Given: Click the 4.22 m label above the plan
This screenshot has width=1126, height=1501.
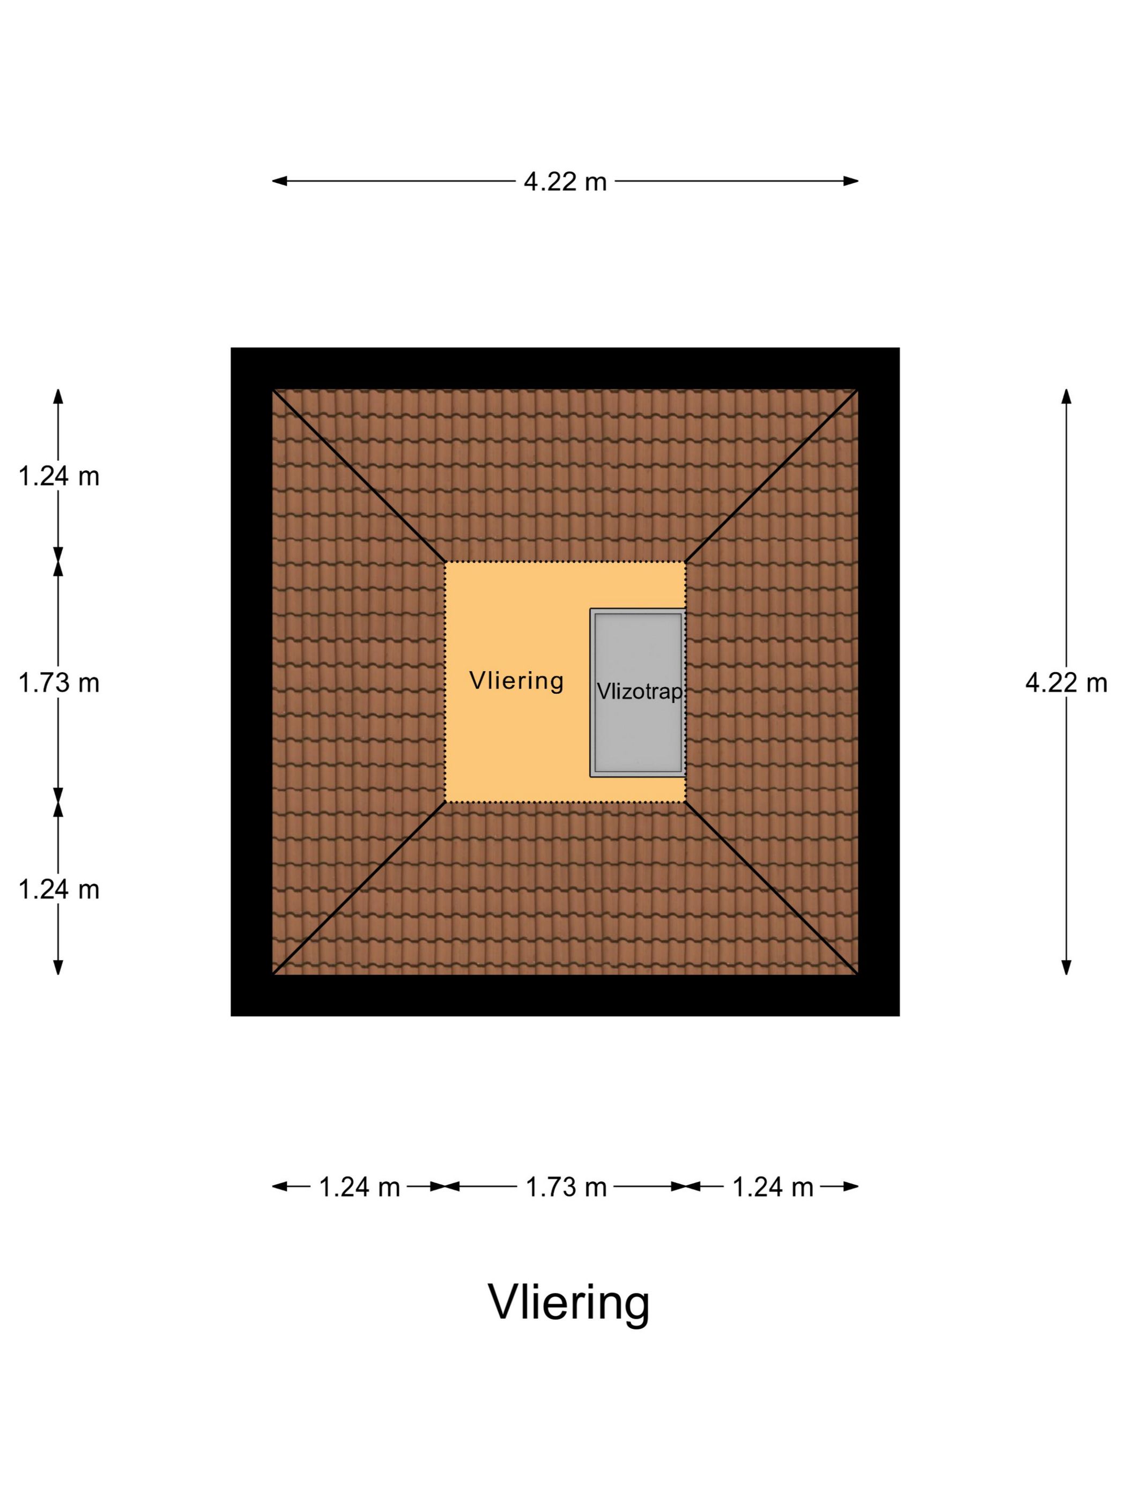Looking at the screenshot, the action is tap(565, 181).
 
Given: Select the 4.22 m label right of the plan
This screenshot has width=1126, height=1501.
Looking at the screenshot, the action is tap(1065, 682).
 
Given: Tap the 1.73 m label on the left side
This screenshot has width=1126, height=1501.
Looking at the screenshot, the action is tap(59, 682).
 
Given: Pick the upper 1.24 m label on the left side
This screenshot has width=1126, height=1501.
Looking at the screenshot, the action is tap(59, 477).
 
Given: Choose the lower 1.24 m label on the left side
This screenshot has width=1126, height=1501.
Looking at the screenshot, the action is tap(59, 889).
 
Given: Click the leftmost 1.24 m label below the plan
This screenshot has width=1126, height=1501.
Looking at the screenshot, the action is tap(360, 1187).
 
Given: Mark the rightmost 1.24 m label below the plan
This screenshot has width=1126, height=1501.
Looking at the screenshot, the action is tap(773, 1187).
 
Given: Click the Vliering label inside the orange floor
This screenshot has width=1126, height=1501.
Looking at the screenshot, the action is tap(516, 681).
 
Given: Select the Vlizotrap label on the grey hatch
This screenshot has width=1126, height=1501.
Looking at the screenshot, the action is tap(639, 692).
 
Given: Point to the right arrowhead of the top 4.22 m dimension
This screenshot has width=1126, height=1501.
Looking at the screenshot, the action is tap(851, 181).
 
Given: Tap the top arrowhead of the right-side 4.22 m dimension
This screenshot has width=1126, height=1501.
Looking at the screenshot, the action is tap(1066, 397).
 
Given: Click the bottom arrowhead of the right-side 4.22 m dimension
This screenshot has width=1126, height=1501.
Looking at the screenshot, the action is tap(1066, 967).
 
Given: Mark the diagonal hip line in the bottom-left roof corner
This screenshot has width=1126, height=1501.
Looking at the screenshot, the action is tap(359, 888).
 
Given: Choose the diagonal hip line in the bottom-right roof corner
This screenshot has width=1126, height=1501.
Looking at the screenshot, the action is tap(772, 888).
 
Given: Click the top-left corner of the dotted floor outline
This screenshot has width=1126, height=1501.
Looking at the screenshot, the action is tap(445, 562).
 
